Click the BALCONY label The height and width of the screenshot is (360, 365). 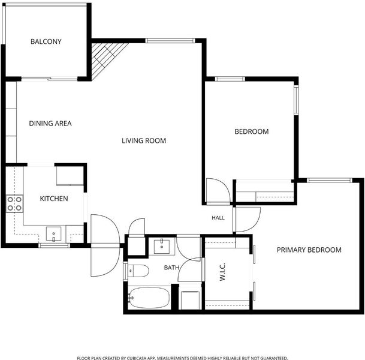(x=46, y=41)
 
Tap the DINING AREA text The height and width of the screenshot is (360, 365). (x=50, y=124)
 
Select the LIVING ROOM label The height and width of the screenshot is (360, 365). (x=144, y=141)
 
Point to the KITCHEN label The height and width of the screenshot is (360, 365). (x=54, y=199)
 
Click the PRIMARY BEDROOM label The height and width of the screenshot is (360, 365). (x=309, y=250)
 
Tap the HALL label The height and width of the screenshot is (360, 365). (x=218, y=218)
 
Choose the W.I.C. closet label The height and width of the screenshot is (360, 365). (x=222, y=272)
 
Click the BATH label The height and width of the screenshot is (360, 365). (x=171, y=268)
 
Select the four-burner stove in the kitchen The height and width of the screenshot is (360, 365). (x=14, y=203)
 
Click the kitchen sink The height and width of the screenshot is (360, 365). (x=53, y=233)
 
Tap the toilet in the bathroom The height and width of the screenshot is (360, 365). (x=138, y=271)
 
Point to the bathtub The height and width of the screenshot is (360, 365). (x=149, y=298)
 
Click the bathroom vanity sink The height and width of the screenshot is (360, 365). (x=162, y=246)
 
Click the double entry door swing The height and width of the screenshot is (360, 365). (x=105, y=245)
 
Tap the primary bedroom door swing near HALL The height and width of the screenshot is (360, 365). (x=247, y=220)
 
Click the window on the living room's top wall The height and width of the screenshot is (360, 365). (x=170, y=41)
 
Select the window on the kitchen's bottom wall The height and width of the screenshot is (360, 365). (x=54, y=245)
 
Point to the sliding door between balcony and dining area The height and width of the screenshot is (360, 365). (x=49, y=79)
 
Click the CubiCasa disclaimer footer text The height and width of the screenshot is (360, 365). (x=182, y=358)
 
